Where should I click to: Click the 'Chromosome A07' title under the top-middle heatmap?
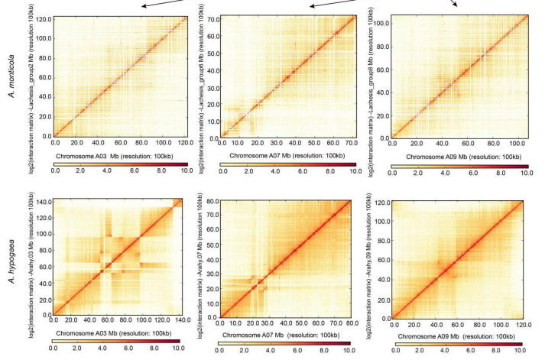click(287, 156)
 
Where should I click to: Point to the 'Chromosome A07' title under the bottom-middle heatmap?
click(287, 334)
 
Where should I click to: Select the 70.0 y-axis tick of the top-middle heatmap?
click(210, 16)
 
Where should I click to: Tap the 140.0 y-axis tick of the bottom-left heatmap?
click(42, 202)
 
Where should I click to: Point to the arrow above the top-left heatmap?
click(164, 5)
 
